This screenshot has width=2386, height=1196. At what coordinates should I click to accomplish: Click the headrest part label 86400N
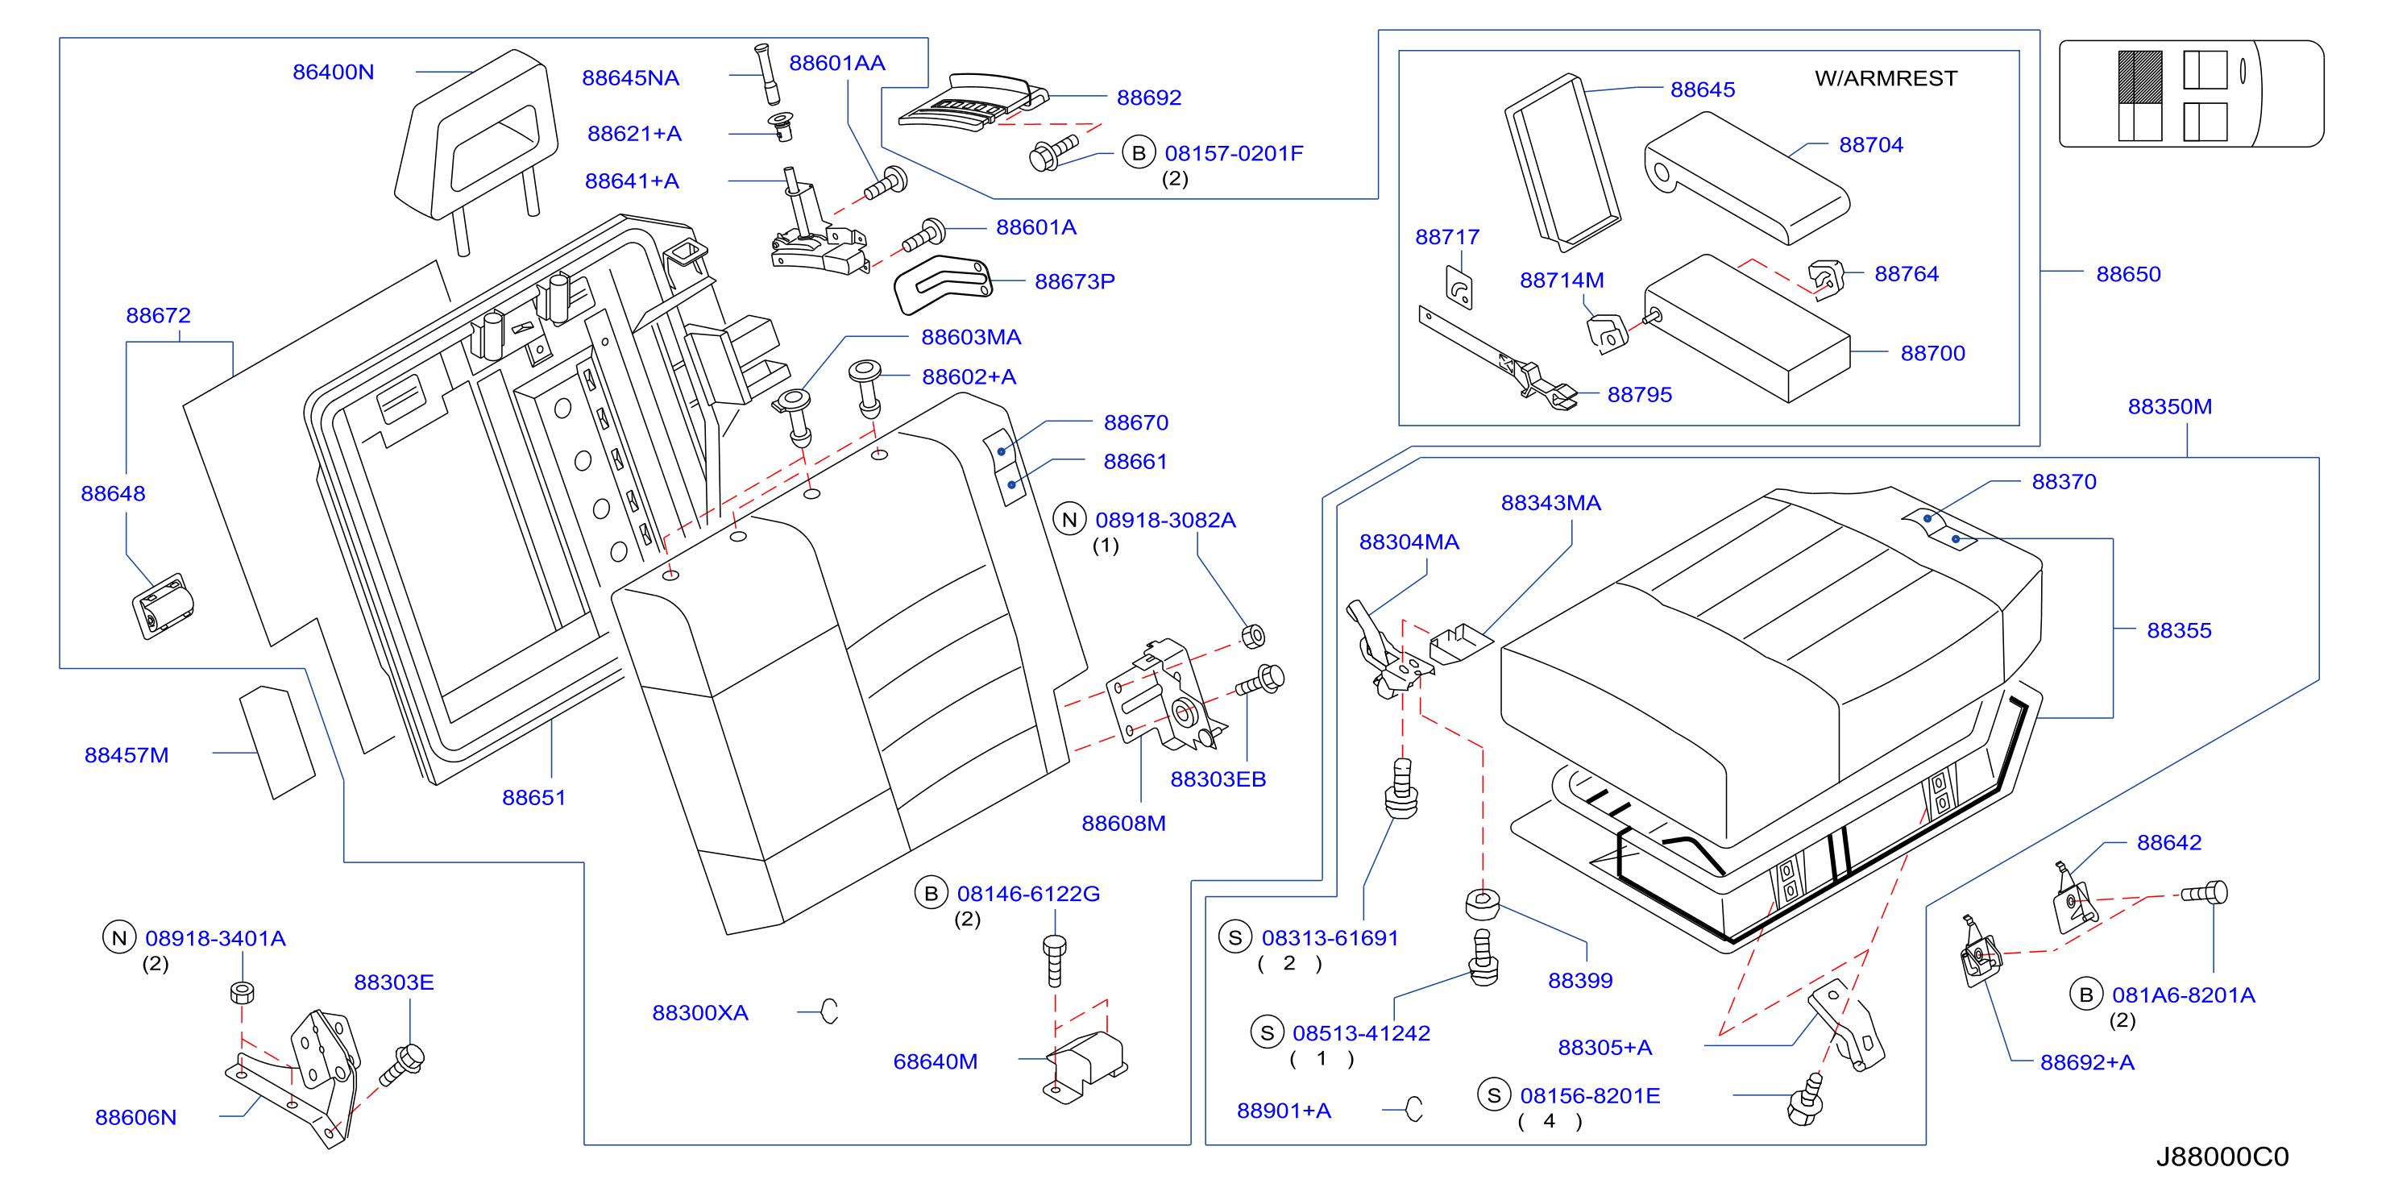tap(334, 72)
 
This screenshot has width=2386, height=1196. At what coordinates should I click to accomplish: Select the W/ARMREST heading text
tap(1886, 78)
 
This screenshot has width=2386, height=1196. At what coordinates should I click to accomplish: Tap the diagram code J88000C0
tap(2222, 1157)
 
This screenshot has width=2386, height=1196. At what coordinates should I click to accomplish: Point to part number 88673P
tap(1074, 280)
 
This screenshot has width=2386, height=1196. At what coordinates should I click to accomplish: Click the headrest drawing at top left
tap(476, 148)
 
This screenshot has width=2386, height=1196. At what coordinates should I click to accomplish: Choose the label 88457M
tap(127, 755)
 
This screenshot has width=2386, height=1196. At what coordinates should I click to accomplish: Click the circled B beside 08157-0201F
tap(1139, 153)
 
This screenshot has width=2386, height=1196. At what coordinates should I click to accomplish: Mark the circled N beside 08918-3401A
tap(118, 937)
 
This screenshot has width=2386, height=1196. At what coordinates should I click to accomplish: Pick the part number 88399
tap(1580, 980)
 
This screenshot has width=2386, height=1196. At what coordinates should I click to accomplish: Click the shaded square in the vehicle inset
tap(2139, 77)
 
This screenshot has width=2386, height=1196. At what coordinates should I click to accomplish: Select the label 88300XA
tap(700, 1012)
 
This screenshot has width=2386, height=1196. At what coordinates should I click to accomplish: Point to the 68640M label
tap(936, 1061)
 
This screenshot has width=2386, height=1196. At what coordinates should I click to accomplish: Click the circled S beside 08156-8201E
tap(1493, 1095)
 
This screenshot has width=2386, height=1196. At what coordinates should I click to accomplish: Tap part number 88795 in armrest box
tap(1640, 394)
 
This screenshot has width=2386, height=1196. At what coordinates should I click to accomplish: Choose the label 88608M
tap(1123, 823)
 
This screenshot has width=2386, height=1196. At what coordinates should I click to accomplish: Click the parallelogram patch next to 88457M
tap(277, 742)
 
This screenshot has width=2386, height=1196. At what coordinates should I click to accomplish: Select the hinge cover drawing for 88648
tap(163, 606)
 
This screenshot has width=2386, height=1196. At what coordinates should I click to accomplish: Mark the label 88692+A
tap(2087, 1061)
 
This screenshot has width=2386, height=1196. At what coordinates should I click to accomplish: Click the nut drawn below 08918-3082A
tap(1252, 636)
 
